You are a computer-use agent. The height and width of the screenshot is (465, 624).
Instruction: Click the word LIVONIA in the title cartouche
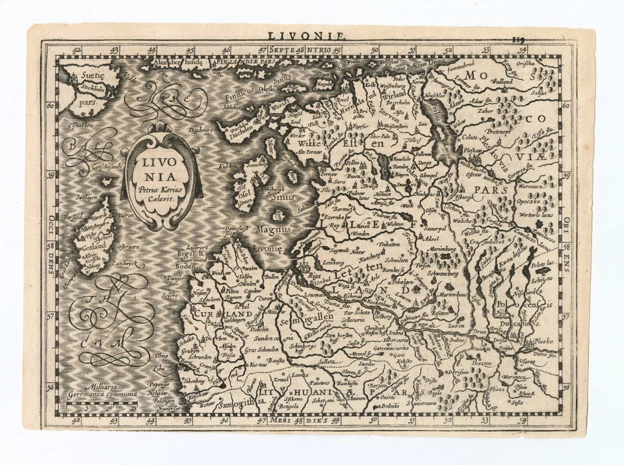point(162,166)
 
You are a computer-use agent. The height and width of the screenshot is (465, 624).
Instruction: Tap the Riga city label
point(315,275)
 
